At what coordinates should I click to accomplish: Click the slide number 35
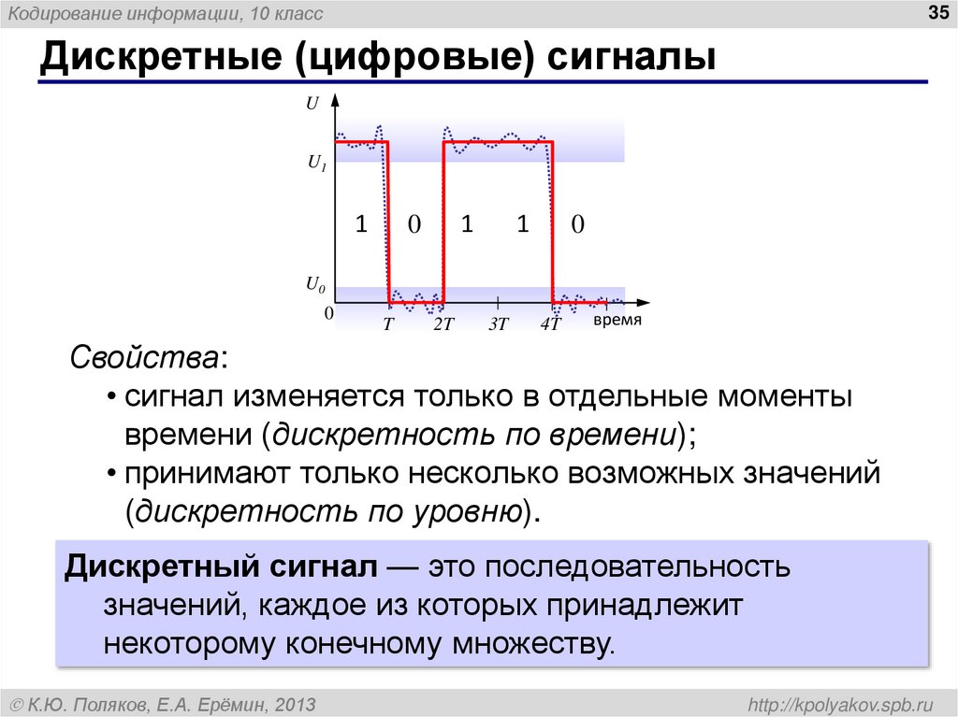(x=936, y=12)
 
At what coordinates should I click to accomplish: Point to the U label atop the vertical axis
(x=312, y=105)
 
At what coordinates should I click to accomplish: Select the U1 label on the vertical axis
(x=316, y=162)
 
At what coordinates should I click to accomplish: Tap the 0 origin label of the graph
(x=328, y=314)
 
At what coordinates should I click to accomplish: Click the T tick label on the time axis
(x=389, y=324)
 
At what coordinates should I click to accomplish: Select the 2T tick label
(x=443, y=324)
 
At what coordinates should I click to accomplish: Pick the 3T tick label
(x=498, y=324)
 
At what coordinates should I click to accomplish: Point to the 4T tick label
(x=550, y=324)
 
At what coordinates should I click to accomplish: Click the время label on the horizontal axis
(x=617, y=320)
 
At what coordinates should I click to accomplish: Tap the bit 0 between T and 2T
(x=414, y=224)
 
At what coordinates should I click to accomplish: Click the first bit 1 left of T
(x=360, y=224)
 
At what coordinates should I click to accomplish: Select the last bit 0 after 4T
(x=577, y=224)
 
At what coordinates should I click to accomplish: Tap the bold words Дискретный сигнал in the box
(x=221, y=567)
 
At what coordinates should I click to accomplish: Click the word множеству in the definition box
(x=533, y=645)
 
